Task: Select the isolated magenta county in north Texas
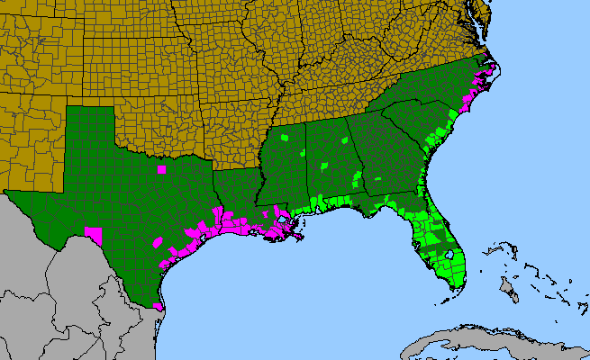pyautogui.click(x=161, y=168)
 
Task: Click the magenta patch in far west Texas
pyautogui.click(x=93, y=233)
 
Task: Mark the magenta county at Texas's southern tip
pyautogui.click(x=159, y=307)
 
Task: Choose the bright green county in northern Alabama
pyautogui.click(x=344, y=141)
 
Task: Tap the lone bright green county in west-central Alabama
pyautogui.click(x=325, y=166)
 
